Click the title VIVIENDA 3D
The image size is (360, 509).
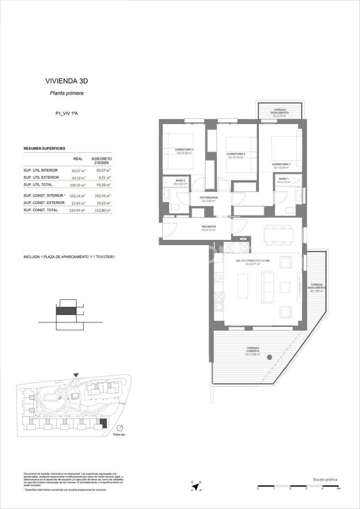(66, 81)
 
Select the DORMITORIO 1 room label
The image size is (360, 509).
(281, 164)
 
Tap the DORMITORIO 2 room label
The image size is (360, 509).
(236, 154)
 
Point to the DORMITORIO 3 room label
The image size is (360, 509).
(184, 150)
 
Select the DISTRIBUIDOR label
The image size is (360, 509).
(208, 197)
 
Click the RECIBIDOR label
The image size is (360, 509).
(208, 227)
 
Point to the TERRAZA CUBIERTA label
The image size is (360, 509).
(252, 350)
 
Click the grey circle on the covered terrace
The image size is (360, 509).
(269, 357)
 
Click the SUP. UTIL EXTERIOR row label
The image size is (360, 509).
(41, 177)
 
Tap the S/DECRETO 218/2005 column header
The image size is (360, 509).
(101, 161)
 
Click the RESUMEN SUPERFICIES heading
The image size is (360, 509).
(45, 148)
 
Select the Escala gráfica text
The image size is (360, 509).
(325, 480)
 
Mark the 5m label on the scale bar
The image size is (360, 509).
(338, 488)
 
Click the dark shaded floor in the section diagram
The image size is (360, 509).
(66, 311)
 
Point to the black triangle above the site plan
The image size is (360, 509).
(76, 375)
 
